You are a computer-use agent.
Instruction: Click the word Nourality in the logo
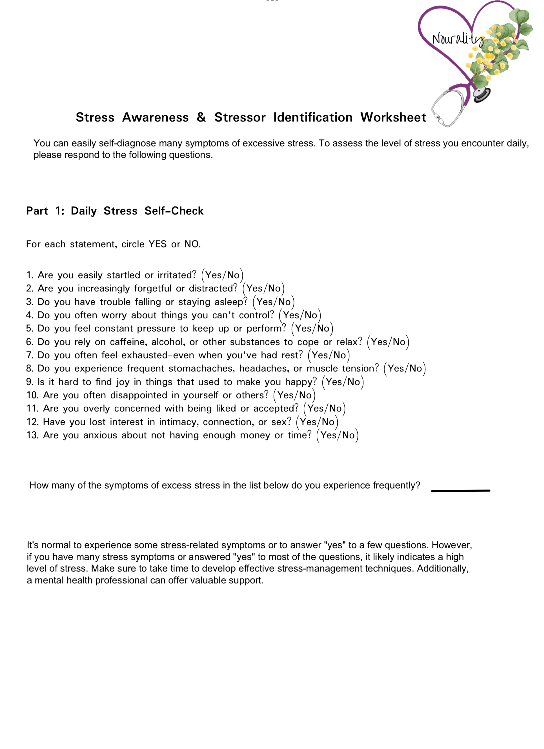coord(458,39)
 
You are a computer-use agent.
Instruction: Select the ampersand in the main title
coord(201,117)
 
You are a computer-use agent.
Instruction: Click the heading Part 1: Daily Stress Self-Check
coord(115,211)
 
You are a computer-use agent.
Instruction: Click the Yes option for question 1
coord(213,275)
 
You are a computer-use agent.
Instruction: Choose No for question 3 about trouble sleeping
coord(284,302)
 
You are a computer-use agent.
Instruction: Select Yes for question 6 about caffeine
coord(379,342)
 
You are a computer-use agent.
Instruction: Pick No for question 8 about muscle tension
coord(416,369)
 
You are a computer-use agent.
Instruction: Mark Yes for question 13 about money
coord(328,435)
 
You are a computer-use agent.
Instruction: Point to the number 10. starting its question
coord(33,395)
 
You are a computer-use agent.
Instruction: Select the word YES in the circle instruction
coord(157,244)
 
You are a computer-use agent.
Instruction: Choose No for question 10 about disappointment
coord(305,395)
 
